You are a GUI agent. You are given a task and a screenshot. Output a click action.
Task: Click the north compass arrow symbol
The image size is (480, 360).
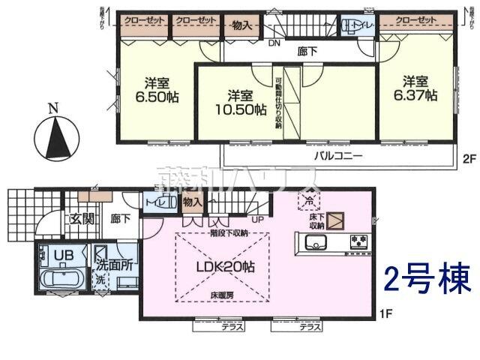(52, 136)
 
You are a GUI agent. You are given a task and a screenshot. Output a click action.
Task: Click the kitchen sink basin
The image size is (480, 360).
(314, 242)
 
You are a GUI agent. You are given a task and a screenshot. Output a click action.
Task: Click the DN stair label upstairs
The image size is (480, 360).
(274, 43)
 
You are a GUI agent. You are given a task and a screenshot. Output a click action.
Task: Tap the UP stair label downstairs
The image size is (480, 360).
(256, 220)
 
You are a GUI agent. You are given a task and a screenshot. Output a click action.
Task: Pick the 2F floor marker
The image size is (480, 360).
(469, 158)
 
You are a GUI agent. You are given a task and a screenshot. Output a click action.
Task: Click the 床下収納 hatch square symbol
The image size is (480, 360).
(335, 220)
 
